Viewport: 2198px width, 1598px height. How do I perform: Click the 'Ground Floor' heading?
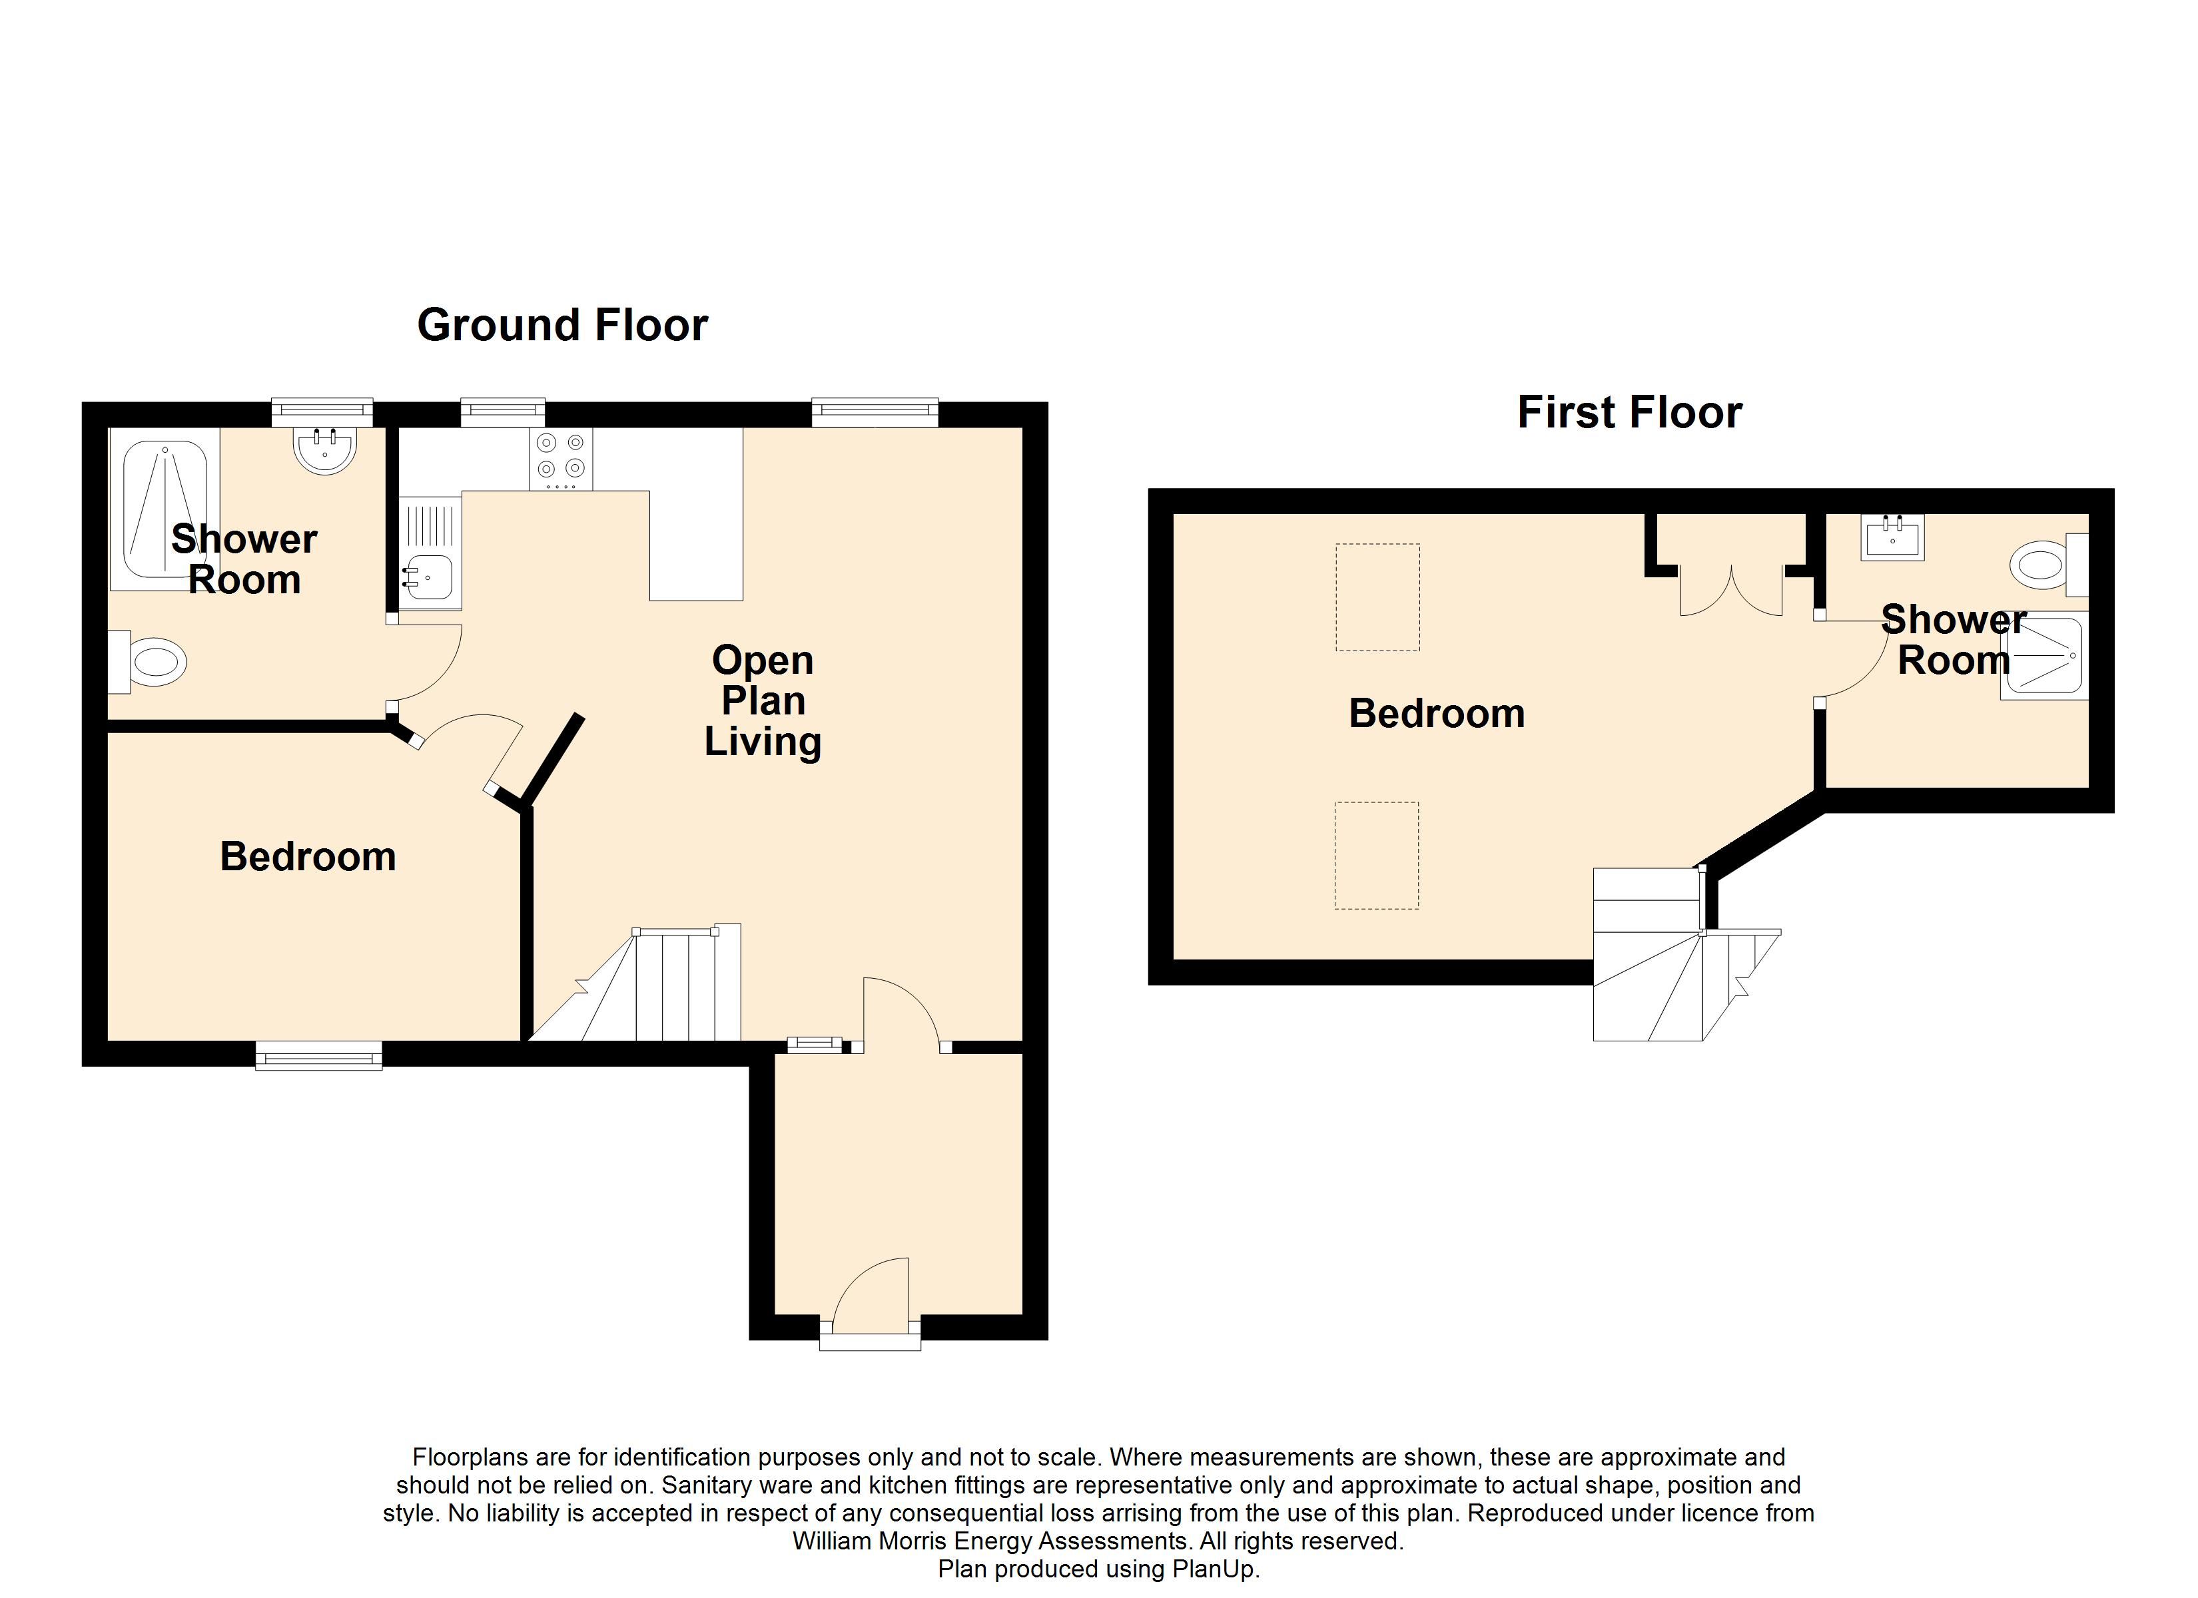click(x=562, y=326)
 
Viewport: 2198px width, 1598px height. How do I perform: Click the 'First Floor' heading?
click(x=1629, y=413)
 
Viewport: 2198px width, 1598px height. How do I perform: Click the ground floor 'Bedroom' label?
click(x=308, y=858)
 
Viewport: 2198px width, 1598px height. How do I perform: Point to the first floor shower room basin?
click(x=1892, y=538)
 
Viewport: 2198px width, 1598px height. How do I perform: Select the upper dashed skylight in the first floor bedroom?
click(x=1377, y=597)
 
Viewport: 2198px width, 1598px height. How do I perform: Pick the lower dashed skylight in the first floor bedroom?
click(x=1376, y=855)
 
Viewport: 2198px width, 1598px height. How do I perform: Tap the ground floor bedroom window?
click(x=319, y=1055)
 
